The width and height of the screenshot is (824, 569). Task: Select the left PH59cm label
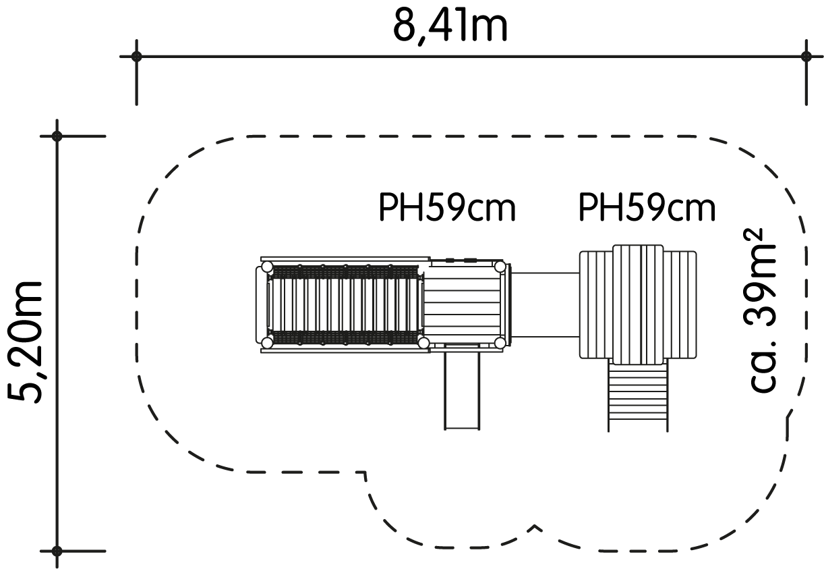coord(447,208)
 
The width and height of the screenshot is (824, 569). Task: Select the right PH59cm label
coord(647,208)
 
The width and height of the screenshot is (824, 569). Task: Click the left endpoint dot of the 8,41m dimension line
coord(136,57)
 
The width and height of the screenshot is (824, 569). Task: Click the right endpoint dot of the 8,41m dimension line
coord(806,57)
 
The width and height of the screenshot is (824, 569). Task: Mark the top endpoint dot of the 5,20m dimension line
coord(57,136)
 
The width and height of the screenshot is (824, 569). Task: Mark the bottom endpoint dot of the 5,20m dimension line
coord(57,551)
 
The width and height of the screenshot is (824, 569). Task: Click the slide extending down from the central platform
coord(462,387)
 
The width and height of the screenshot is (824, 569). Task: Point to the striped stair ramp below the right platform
coord(638,395)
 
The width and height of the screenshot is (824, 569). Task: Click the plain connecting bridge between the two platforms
coord(546,304)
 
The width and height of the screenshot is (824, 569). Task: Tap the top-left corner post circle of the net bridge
coord(268,267)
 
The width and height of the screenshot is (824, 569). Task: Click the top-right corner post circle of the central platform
coord(500,267)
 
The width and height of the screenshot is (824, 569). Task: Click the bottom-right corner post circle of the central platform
coord(500,344)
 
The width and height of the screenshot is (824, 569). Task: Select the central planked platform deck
coord(463,305)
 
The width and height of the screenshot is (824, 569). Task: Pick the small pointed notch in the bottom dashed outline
coord(535,527)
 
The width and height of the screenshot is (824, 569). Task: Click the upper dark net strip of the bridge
coord(345,272)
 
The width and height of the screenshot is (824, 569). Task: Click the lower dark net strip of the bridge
coord(345,337)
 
